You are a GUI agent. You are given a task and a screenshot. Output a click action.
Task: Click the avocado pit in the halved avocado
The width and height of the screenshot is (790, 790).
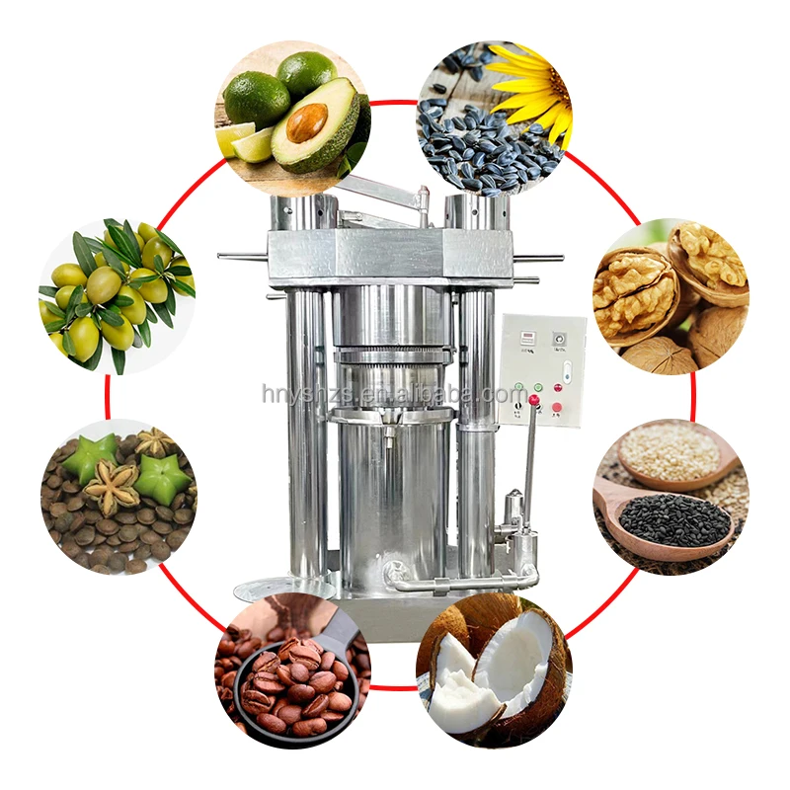coord(306,122)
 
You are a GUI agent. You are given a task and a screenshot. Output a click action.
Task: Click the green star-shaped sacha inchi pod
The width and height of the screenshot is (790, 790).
coord(161,479)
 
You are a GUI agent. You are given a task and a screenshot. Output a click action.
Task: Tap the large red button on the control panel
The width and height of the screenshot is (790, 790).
coord(558,407)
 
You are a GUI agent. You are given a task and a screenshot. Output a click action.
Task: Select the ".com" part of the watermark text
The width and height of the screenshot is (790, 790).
coord(507,395)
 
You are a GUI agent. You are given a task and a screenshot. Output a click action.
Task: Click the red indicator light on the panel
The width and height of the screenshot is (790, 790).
coord(534,399)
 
